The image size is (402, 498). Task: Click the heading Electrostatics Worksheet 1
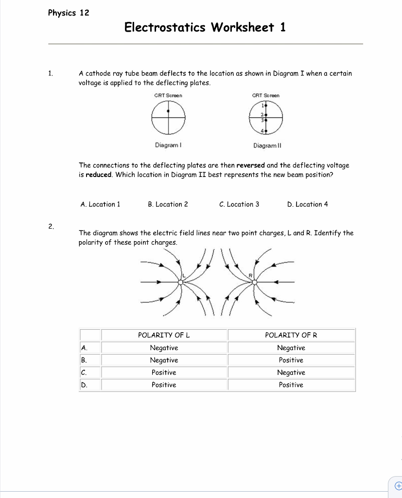click(205, 27)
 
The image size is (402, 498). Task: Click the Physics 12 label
click(69, 13)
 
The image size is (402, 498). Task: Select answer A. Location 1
click(100, 204)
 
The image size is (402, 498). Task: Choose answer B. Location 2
click(168, 204)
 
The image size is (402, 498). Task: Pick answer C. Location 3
click(239, 204)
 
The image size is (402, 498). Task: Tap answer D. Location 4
click(308, 204)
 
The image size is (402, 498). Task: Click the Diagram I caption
click(168, 145)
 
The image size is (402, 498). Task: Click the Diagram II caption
click(267, 145)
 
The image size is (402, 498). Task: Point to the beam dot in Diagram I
click(168, 111)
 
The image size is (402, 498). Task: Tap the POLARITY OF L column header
click(164, 335)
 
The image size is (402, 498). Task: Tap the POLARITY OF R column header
click(291, 335)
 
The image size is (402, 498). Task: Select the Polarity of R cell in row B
click(291, 360)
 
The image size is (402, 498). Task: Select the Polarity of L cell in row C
click(164, 373)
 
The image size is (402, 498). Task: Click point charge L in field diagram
click(180, 282)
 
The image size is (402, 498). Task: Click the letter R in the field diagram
click(251, 276)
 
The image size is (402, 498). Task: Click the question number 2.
click(51, 226)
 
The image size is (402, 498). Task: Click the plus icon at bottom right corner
click(397, 485)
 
